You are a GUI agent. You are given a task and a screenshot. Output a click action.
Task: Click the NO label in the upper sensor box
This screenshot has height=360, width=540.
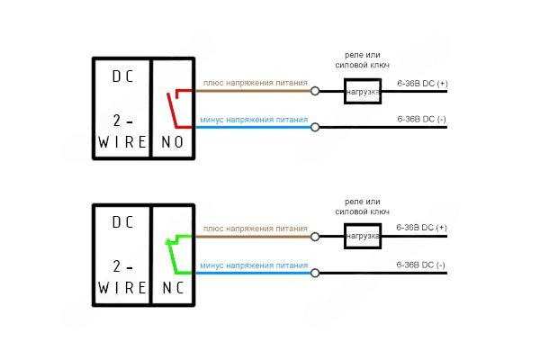pyautogui.click(x=172, y=142)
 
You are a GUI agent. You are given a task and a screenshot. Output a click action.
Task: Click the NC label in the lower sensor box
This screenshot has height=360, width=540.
pyautogui.click(x=172, y=287)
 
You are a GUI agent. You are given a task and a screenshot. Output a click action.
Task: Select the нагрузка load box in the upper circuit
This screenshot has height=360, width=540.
pyautogui.click(x=363, y=91)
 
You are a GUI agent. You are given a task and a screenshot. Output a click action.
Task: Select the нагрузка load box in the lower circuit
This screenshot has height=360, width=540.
pyautogui.click(x=363, y=238)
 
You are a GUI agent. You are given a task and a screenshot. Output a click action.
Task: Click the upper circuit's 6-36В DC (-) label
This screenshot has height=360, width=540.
pyautogui.click(x=421, y=119)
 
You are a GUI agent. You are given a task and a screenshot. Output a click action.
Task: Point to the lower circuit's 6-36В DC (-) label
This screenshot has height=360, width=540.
pyautogui.click(x=421, y=264)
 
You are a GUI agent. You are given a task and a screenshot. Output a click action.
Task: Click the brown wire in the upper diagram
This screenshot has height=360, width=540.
pyautogui.click(x=252, y=91)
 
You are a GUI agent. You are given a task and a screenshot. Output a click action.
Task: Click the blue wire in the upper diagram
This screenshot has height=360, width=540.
pyautogui.click(x=252, y=127)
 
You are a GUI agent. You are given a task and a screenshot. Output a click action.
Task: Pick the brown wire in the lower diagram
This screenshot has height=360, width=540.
pyautogui.click(x=252, y=238)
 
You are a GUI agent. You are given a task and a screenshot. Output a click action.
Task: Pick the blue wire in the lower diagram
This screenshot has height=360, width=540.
pyautogui.click(x=252, y=273)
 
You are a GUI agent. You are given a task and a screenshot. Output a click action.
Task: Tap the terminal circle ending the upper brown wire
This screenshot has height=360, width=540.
pyautogui.click(x=315, y=91)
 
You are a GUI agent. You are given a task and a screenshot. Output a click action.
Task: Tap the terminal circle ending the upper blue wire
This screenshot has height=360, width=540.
pyautogui.click(x=315, y=127)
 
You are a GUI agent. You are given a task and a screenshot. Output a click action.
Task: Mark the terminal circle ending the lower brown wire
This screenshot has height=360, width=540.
pyautogui.click(x=315, y=238)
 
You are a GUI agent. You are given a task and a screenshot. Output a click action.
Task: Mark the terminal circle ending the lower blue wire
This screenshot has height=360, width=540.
pyautogui.click(x=315, y=273)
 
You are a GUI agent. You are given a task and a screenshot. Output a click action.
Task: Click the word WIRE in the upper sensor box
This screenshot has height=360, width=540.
pyautogui.click(x=121, y=142)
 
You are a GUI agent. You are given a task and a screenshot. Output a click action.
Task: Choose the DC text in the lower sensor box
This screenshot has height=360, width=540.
pyautogui.click(x=121, y=221)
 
